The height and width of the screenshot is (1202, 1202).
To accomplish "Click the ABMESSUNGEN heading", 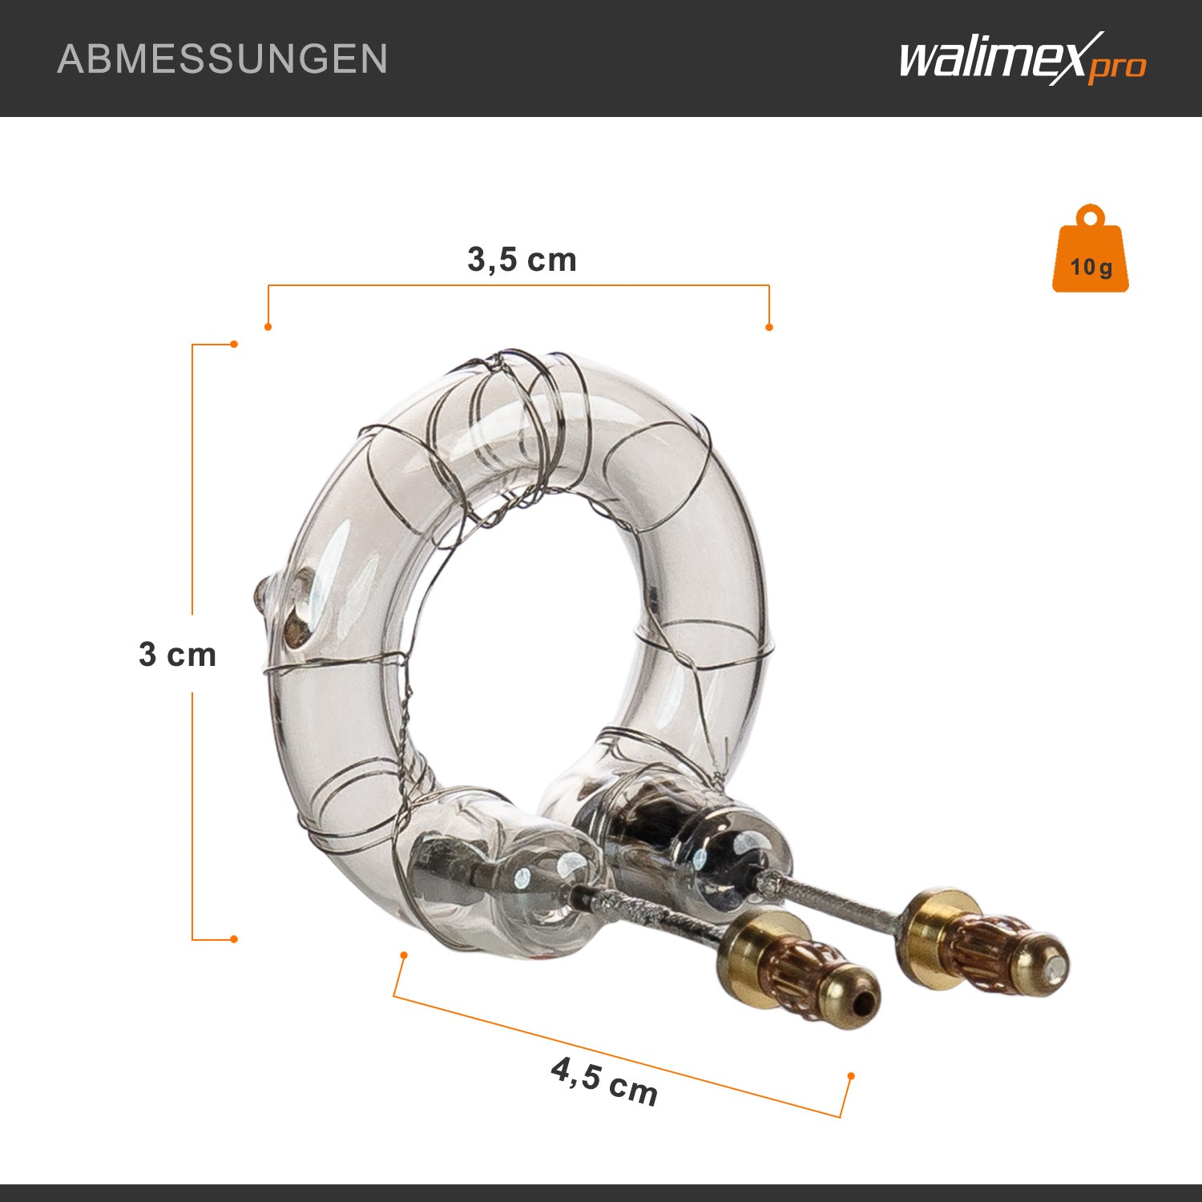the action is point(223,59).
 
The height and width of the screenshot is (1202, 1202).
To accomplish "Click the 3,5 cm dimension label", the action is point(522,260).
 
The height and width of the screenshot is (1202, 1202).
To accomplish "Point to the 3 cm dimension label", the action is point(178,655).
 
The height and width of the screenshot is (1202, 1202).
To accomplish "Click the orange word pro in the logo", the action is point(1117,67).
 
